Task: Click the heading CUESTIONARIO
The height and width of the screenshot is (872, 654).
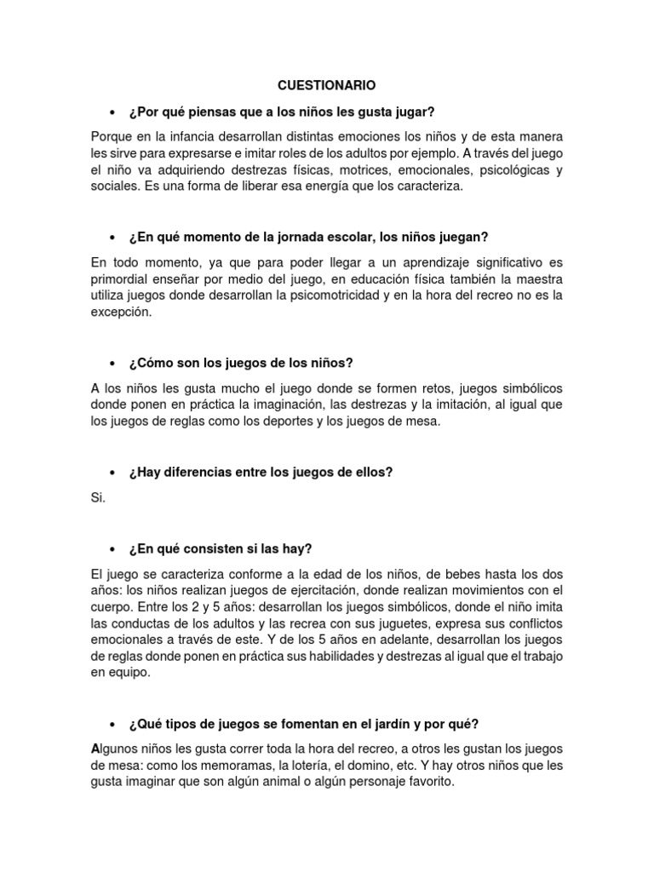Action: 326,85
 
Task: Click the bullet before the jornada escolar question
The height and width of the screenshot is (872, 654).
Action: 112,236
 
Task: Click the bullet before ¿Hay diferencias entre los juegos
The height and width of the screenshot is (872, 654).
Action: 112,472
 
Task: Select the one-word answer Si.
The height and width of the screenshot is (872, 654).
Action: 97,497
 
